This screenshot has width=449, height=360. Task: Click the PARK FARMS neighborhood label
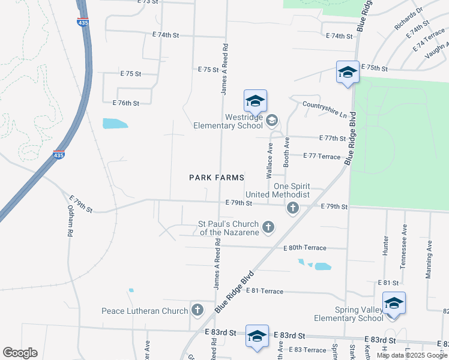(x=217, y=178)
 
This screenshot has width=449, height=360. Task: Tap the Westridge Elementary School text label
(x=228, y=122)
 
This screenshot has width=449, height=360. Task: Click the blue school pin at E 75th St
(x=348, y=73)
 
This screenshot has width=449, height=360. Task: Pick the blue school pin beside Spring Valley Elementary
(x=394, y=304)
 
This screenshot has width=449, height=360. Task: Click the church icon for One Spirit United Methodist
(x=292, y=208)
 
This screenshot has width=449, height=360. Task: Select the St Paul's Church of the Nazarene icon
(x=268, y=227)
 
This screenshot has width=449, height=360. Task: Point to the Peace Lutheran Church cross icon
(x=197, y=310)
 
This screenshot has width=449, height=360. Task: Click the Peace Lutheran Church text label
(x=145, y=311)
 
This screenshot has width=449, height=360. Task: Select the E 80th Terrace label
(x=305, y=248)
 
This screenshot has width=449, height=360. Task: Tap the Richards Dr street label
(x=409, y=19)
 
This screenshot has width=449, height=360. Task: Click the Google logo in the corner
(x=20, y=353)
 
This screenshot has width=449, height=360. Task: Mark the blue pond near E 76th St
(x=115, y=124)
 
